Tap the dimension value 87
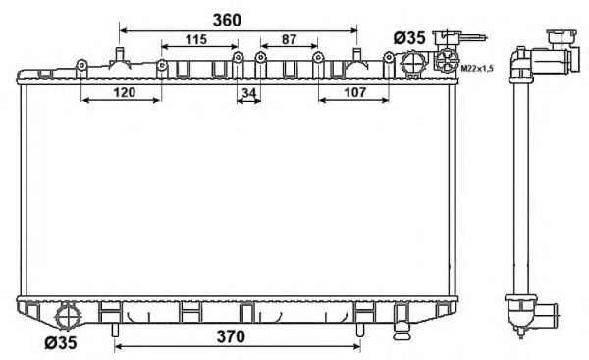tap(289, 40)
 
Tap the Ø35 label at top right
tap(408, 37)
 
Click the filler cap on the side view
tap(561, 45)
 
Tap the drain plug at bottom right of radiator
tap(401, 320)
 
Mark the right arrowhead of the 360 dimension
tap(356, 31)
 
